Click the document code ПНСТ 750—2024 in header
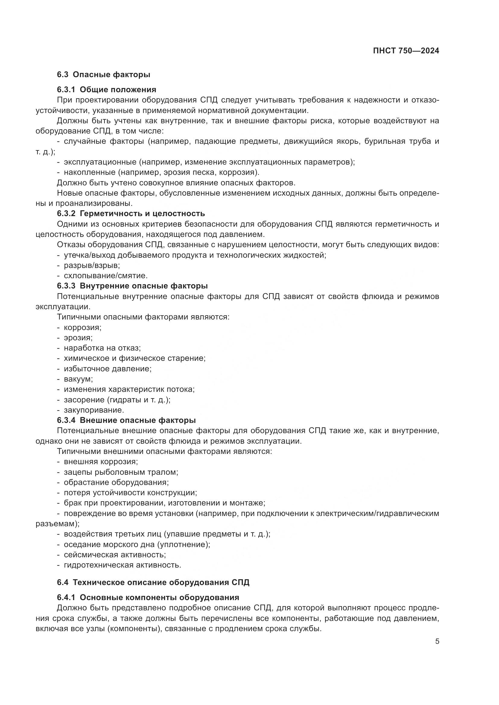406,51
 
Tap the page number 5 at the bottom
437,641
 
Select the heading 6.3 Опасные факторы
103,74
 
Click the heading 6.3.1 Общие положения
106,90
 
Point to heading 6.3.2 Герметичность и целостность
131,213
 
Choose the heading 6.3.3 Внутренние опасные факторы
132,286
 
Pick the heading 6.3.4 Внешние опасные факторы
126,420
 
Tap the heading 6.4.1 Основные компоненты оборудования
148,597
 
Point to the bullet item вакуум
78,379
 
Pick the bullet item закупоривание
94,410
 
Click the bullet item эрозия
78,338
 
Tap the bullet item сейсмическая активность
115,555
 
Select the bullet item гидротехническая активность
122,565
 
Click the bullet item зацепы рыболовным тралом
121,472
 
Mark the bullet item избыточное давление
107,368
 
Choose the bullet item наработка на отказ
102,348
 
